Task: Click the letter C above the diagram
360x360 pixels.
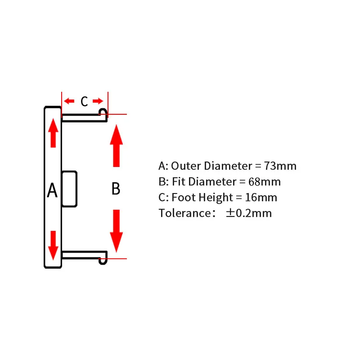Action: tap(84, 101)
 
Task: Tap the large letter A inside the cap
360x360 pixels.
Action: tap(52, 190)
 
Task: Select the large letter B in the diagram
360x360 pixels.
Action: tap(116, 189)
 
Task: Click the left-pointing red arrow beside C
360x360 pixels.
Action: tap(69, 101)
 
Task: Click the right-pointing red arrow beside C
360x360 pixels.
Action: tap(98, 101)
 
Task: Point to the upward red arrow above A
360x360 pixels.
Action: tap(53, 133)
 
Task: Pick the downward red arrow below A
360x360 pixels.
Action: tap(53, 245)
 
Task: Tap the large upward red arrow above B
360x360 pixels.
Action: tap(117, 146)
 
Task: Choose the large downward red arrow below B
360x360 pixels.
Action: tap(117, 231)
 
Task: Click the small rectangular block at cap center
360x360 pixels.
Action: tap(69, 189)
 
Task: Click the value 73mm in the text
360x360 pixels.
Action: tap(280, 166)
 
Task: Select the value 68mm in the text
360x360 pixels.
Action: tap(265, 182)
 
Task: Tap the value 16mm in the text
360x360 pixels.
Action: tap(261, 198)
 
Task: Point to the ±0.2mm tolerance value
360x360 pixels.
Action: tap(249, 213)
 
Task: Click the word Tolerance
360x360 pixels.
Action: tap(185, 213)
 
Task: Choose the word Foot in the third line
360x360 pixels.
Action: tap(184, 198)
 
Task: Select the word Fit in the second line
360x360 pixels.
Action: tap(179, 182)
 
